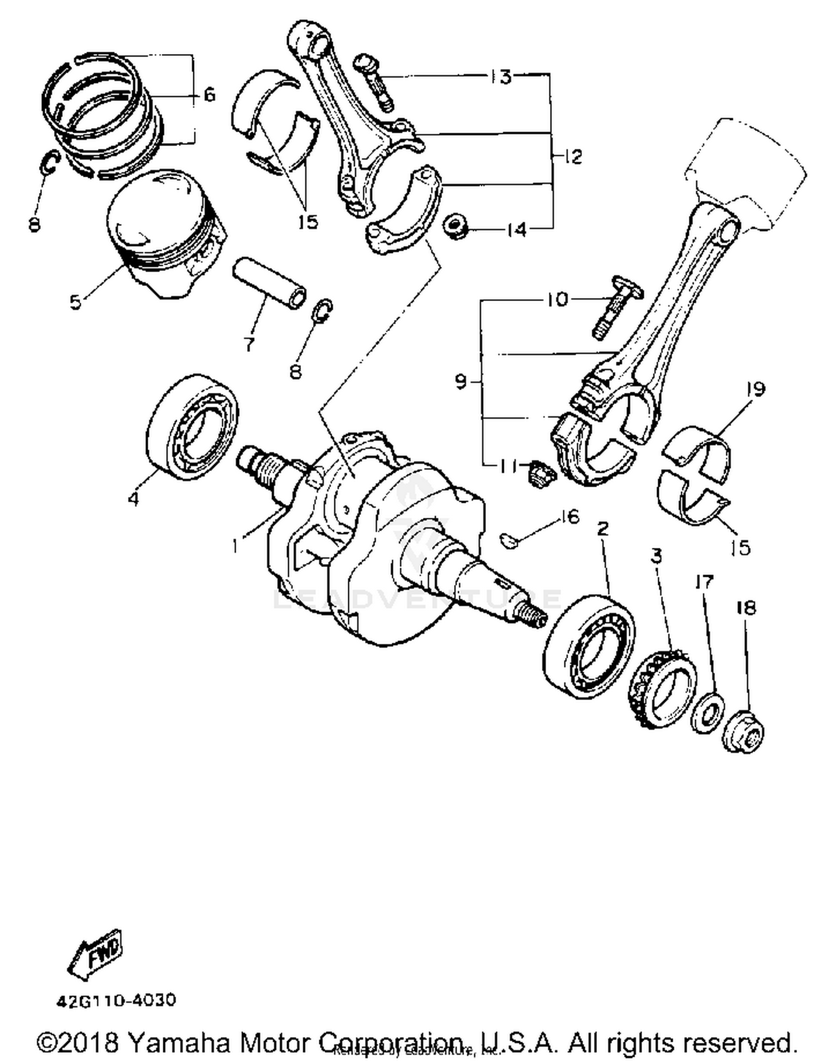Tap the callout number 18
click(746, 607)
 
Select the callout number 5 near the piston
click(75, 302)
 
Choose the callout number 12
click(572, 156)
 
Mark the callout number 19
click(755, 389)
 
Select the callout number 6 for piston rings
click(209, 95)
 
